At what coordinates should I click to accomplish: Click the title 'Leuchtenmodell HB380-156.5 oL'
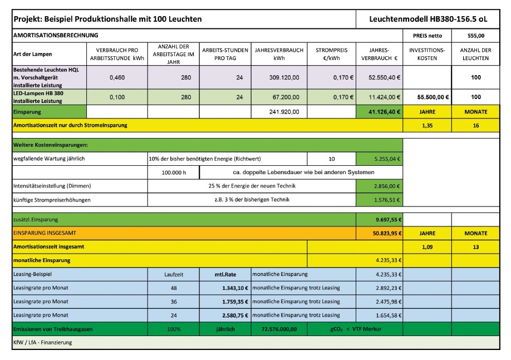click(428, 19)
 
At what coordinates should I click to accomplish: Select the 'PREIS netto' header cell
click(427, 34)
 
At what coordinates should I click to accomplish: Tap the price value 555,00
click(475, 34)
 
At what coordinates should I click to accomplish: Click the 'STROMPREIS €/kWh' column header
click(331, 54)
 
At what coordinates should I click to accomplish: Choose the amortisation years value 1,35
click(427, 126)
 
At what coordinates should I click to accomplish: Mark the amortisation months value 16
click(475, 126)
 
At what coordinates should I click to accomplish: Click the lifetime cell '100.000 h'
click(173, 172)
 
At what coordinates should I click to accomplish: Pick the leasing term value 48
click(173, 288)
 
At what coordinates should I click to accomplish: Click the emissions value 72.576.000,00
click(278, 329)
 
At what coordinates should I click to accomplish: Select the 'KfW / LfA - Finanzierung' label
click(42, 343)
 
